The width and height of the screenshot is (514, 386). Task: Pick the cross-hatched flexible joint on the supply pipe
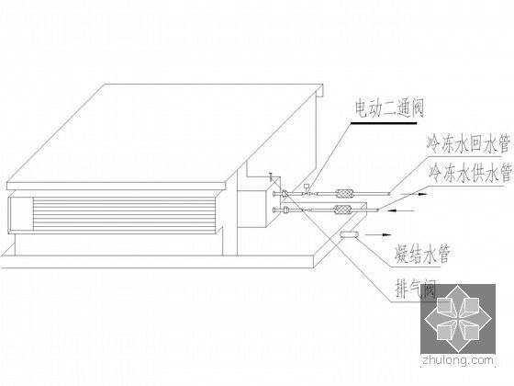(341, 211)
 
